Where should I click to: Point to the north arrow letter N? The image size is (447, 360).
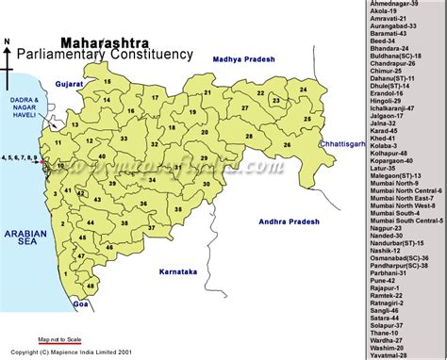(x=8, y=42)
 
